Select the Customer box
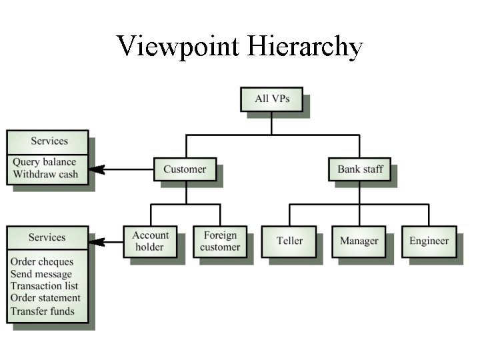pos(185,169)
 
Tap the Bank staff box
pos(360,169)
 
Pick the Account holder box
pos(150,241)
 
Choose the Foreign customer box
pos(220,241)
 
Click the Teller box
pos(289,241)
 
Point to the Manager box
pos(359,241)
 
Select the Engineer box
pos(429,241)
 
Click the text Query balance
pos(44,162)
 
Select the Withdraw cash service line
pos(45,175)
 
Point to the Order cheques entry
pos(42,262)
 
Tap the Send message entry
pos(41,274)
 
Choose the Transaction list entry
pos(44,286)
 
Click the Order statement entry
pos(45,298)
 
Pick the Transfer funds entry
pos(43,311)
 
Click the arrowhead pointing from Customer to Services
pos(96,169)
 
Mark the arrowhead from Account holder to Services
pos(96,241)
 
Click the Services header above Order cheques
pos(47,237)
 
